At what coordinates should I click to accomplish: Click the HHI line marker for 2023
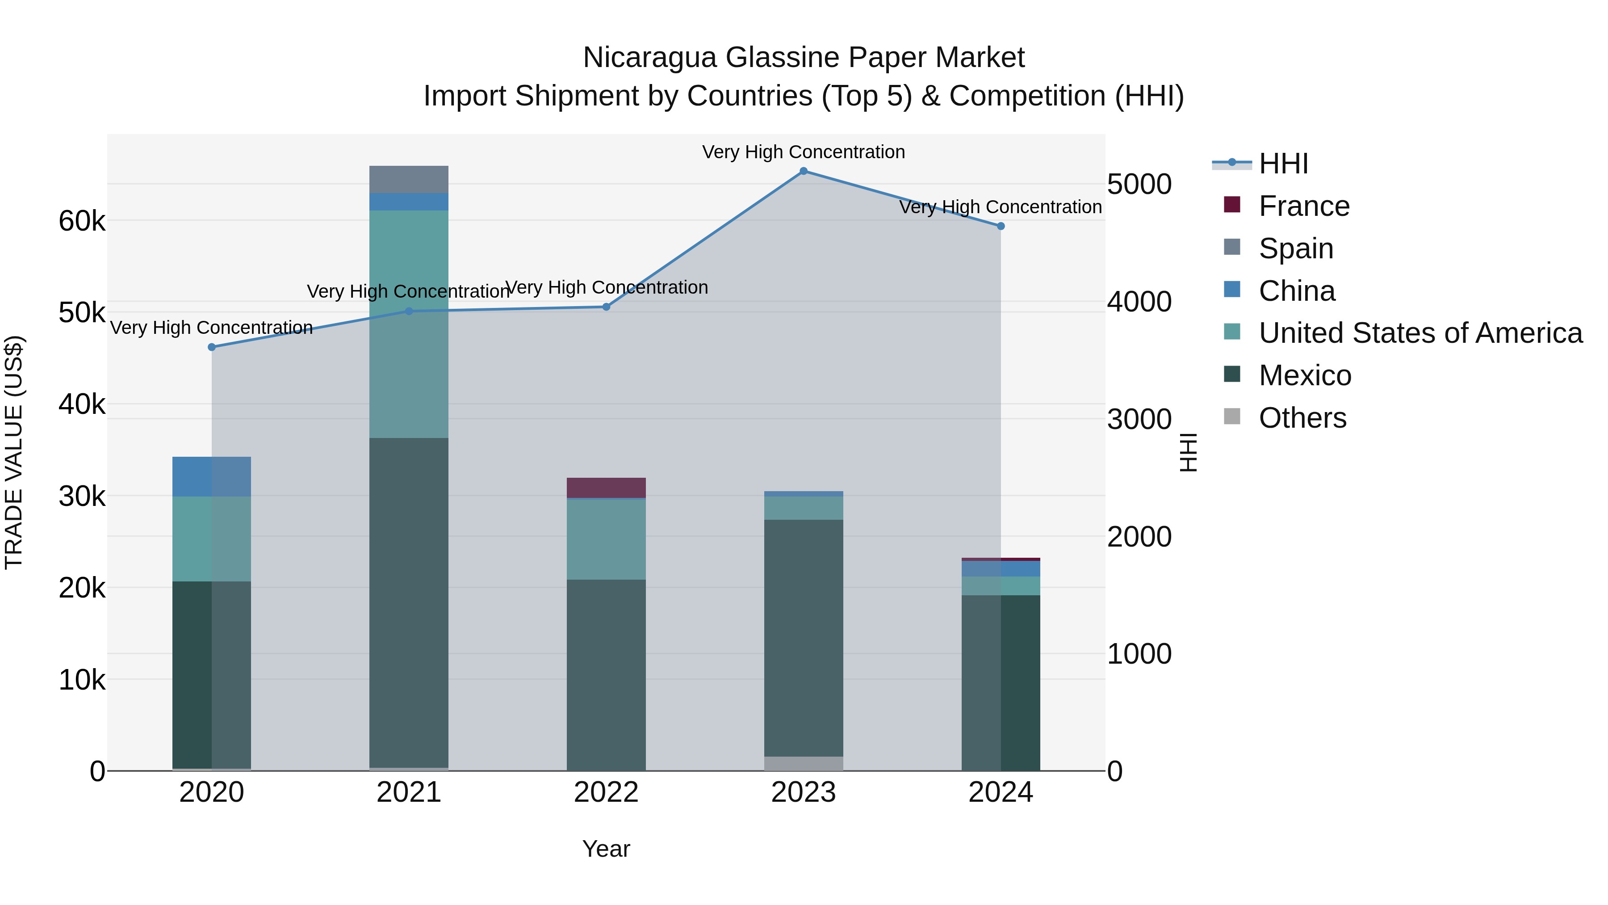(804, 171)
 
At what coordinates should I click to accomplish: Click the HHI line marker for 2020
(212, 347)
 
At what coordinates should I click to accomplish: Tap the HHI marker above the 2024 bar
(1001, 226)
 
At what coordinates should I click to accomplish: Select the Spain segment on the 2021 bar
(409, 179)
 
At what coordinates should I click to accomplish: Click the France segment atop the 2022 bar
(606, 488)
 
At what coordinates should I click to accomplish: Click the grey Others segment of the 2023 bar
(804, 763)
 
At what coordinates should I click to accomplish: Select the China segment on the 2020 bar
(212, 476)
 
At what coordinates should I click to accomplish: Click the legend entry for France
(1303, 206)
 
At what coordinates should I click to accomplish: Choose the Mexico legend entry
(1305, 375)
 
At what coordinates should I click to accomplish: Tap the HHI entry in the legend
(1283, 164)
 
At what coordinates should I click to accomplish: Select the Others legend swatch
(1231, 417)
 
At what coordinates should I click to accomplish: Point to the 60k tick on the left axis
(82, 221)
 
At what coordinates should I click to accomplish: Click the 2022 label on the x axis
(606, 792)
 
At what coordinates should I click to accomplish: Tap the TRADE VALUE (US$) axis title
(14, 452)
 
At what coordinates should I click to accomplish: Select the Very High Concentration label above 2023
(804, 152)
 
